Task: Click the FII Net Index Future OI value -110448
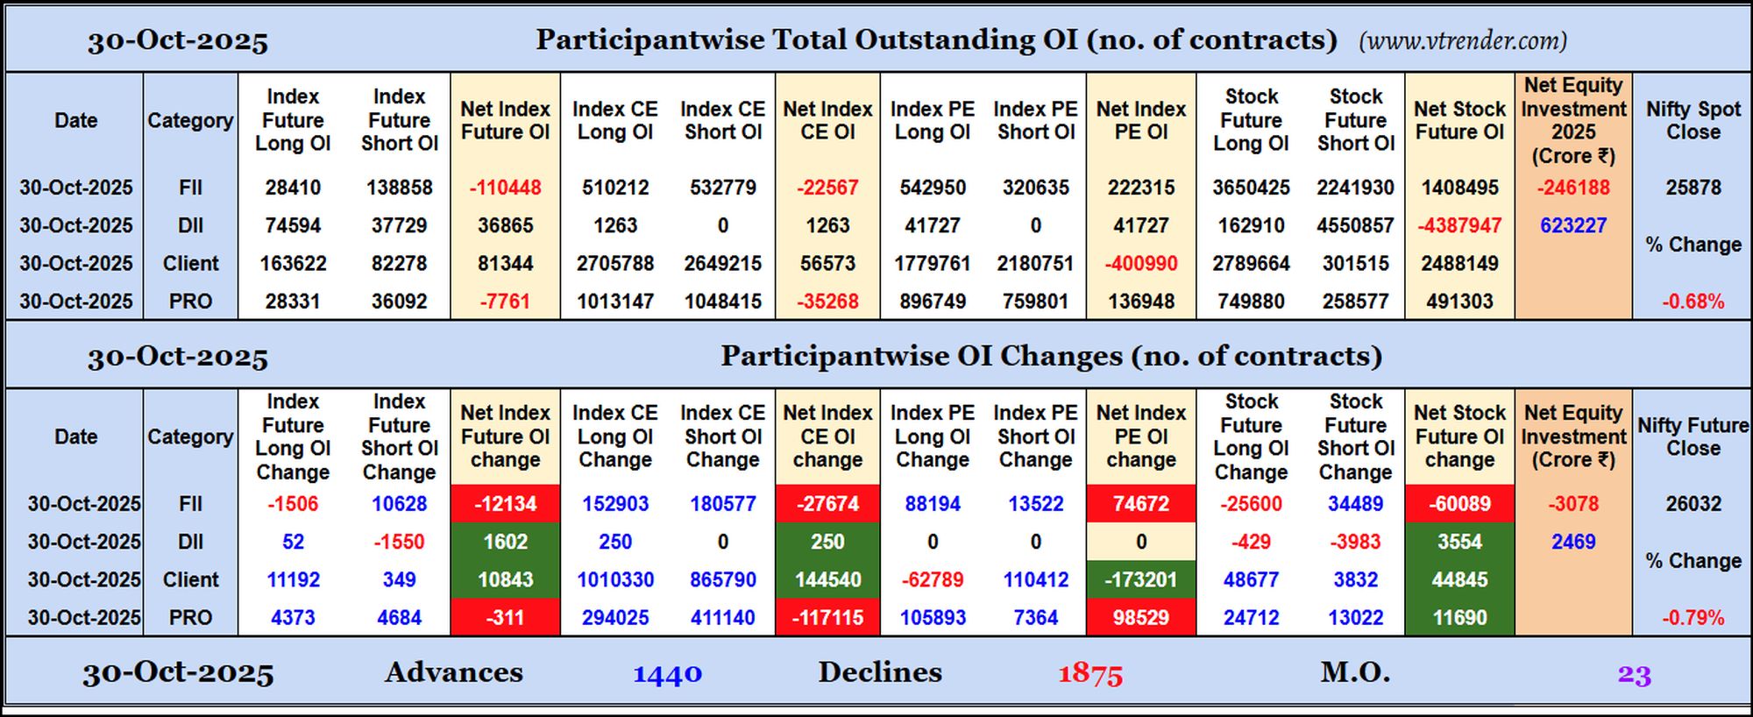click(x=505, y=188)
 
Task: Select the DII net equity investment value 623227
click(x=1573, y=225)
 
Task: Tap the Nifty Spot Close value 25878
click(x=1693, y=188)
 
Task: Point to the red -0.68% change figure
click(x=1693, y=302)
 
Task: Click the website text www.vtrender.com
click(x=1463, y=41)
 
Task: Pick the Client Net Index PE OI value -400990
click(x=1140, y=264)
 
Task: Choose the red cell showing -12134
click(x=505, y=504)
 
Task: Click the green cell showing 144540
click(x=827, y=579)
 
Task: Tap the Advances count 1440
click(x=668, y=674)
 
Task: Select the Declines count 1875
click(x=1090, y=674)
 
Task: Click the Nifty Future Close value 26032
click(x=1693, y=504)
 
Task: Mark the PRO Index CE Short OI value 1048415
click(x=723, y=302)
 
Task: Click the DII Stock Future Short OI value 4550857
click(x=1355, y=225)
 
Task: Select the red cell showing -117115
click(x=827, y=618)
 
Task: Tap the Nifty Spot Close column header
click(x=1693, y=121)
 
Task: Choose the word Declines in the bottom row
click(x=880, y=672)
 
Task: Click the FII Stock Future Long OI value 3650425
click(x=1251, y=188)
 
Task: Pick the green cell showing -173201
click(x=1140, y=579)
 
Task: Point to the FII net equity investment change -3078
click(x=1573, y=504)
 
